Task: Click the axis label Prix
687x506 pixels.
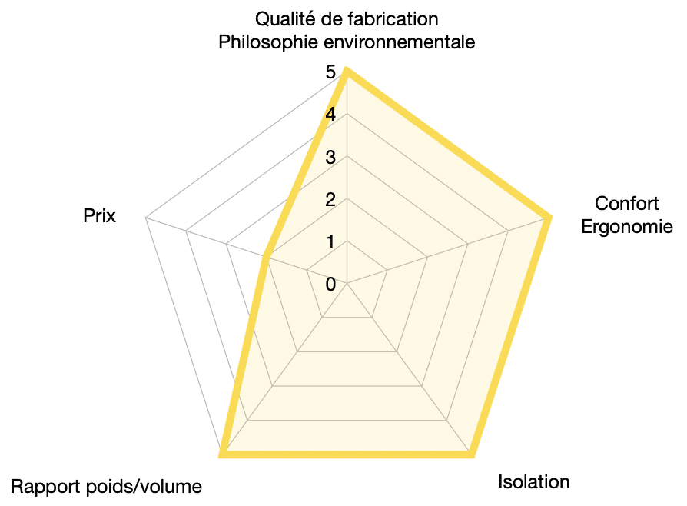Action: coord(99,216)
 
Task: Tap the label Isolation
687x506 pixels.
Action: coord(533,482)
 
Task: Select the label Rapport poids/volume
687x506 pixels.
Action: coord(106,487)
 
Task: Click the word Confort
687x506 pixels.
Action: coord(626,204)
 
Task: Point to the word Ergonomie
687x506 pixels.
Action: coord(627,227)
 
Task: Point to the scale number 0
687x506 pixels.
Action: coord(330,285)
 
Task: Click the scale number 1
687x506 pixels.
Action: coord(330,242)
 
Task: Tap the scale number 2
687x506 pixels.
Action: coord(330,200)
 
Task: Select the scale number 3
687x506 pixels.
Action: coord(330,158)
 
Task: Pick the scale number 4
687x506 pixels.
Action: coord(330,115)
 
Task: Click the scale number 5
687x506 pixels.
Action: coord(330,72)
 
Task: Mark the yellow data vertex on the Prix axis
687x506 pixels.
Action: coord(266,257)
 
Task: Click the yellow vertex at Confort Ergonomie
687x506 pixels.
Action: coord(548,218)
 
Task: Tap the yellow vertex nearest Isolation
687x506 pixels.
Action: coord(471,454)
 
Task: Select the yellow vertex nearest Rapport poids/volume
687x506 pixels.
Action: coord(222,454)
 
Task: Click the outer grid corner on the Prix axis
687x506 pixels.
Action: coord(145,218)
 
